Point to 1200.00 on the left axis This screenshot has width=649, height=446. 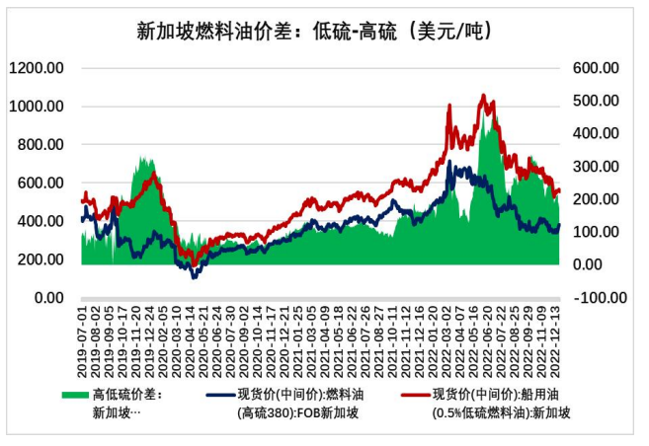[x=38, y=67]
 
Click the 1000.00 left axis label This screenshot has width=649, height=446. [x=38, y=106]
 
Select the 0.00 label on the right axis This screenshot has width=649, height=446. [x=602, y=264]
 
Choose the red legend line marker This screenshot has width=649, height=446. [x=417, y=394]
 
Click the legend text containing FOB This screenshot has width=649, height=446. [x=297, y=413]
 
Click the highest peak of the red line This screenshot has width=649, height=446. [x=482, y=96]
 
